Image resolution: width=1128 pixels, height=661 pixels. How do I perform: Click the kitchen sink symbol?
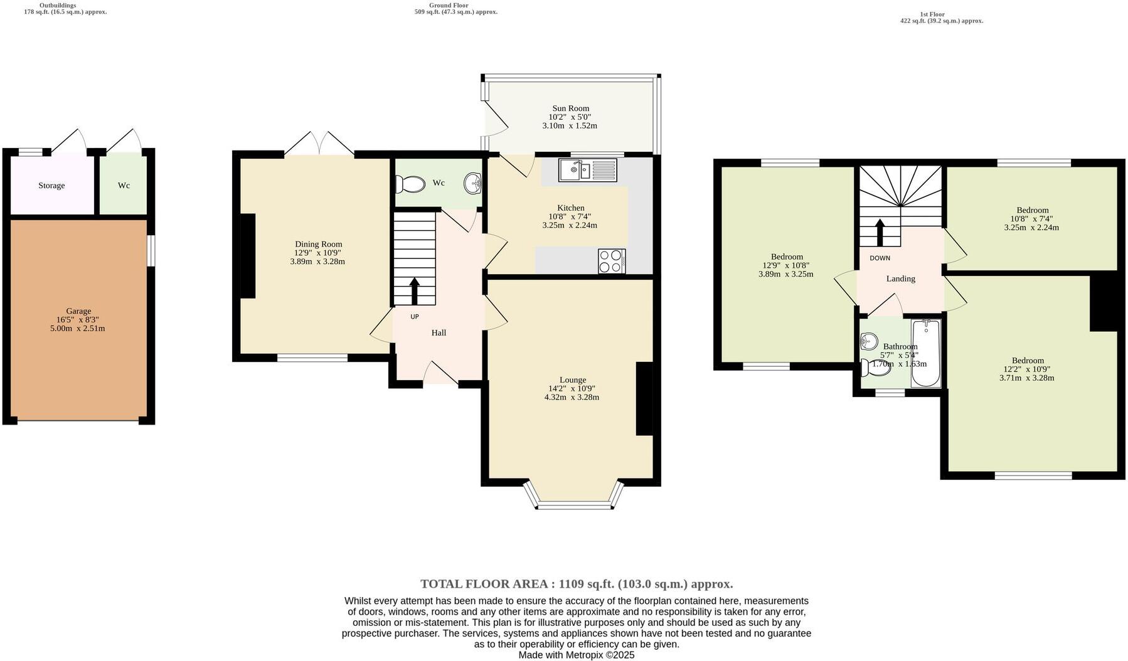588,169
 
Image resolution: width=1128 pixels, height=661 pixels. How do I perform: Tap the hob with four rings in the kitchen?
612,262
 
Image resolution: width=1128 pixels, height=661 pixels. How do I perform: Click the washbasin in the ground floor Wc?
472,183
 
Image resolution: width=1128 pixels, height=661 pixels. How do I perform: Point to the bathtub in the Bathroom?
925,354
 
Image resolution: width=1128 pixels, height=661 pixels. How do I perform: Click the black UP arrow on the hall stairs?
414,292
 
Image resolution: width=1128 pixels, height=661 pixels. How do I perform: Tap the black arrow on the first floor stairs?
880,232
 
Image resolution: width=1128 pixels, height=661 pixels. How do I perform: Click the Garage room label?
78,311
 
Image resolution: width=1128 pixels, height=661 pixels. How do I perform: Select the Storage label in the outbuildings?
51,186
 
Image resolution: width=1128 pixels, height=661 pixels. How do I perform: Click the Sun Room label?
570,108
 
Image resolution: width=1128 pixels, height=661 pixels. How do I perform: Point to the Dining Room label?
319,244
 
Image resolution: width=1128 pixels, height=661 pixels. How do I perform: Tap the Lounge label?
572,380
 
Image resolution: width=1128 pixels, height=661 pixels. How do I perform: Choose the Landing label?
900,278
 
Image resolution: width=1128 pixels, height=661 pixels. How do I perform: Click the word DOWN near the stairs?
880,258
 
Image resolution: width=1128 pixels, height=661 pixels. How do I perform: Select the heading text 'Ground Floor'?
449,5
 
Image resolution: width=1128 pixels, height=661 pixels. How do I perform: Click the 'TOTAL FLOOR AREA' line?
577,584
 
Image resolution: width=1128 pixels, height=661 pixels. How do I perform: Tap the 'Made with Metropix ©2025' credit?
577,655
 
